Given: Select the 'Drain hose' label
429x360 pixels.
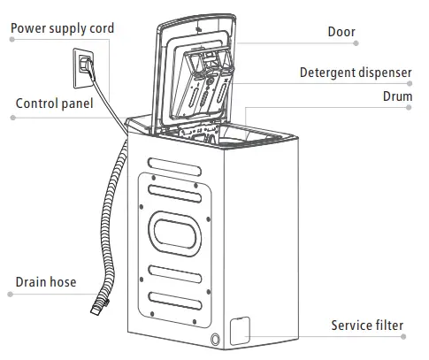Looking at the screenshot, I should (x=46, y=283).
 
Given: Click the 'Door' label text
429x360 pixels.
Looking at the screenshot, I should (x=341, y=33).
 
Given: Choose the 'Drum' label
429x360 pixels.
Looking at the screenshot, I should (x=397, y=95).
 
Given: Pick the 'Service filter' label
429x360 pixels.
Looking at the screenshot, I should (x=367, y=326).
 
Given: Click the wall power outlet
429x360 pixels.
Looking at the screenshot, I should (x=84, y=65).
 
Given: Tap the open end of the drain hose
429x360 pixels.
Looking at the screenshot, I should (x=96, y=310).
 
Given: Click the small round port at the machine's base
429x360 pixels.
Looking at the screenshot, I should (x=215, y=339).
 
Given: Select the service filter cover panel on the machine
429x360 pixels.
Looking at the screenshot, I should (x=239, y=330).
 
